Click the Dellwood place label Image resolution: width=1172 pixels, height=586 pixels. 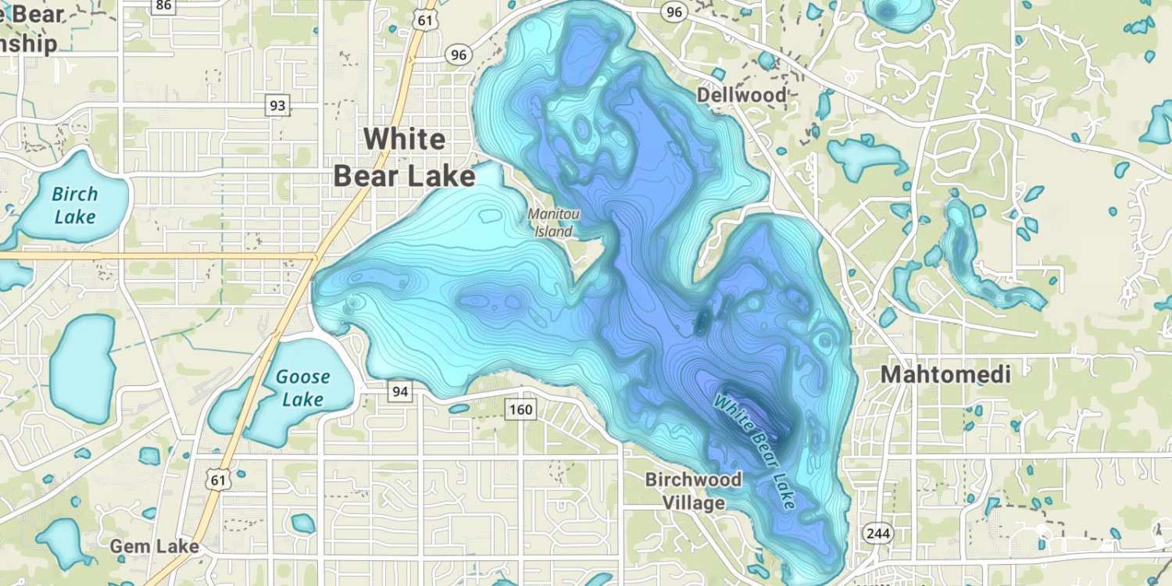[741, 95]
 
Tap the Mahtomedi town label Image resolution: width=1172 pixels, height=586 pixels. [945, 375]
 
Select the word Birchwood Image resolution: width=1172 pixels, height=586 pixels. [693, 480]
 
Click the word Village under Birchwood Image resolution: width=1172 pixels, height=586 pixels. [693, 502]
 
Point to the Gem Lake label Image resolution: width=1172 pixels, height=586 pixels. [154, 546]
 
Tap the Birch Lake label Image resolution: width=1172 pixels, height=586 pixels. [75, 205]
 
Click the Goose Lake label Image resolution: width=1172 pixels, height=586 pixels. [302, 388]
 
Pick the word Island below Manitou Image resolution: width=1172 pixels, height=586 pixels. [553, 231]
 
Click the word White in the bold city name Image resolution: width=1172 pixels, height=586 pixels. [405, 139]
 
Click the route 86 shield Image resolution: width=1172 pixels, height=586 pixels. [163, 5]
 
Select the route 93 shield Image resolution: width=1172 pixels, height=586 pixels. [277, 105]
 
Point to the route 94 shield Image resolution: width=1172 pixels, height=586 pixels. [400, 391]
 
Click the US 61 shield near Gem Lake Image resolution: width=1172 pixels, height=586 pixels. [220, 480]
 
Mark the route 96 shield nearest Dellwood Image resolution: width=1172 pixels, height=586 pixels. [674, 12]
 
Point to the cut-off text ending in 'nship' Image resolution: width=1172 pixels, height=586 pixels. [30, 44]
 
